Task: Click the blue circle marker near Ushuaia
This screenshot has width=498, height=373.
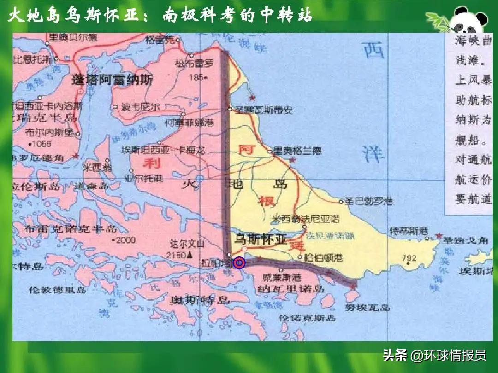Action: click(x=239, y=263)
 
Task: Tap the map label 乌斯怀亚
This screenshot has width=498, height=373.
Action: click(x=261, y=239)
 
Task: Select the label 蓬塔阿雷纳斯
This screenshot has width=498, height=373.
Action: click(x=112, y=80)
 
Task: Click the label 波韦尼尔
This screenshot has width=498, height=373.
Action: click(x=141, y=107)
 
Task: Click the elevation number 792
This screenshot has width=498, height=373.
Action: click(x=409, y=258)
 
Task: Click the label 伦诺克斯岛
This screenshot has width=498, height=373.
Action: click(x=308, y=317)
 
